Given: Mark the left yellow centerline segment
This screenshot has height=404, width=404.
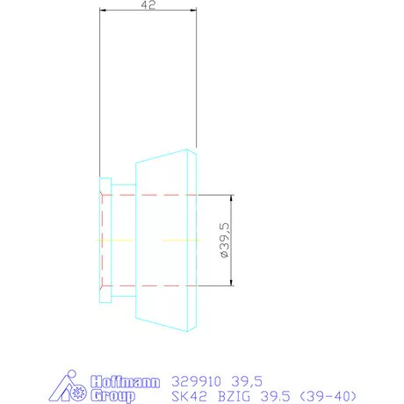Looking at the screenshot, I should point(111,240).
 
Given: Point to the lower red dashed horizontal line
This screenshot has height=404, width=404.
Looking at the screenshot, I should point(149,285).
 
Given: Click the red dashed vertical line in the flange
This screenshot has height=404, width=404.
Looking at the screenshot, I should point(103,239).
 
